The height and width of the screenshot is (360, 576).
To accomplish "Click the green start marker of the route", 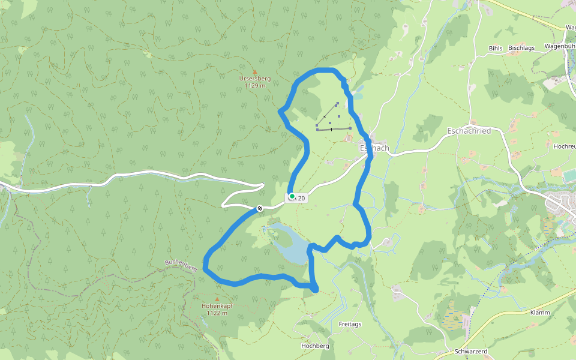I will (292, 196).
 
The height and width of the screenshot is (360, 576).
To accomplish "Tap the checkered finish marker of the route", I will (260, 208).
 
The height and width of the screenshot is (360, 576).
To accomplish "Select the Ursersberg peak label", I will (255, 79).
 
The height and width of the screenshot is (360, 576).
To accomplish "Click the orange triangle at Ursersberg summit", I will (255, 71).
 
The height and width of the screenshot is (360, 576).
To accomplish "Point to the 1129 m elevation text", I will (255, 86).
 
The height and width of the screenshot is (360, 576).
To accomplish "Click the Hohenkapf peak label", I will (217, 306).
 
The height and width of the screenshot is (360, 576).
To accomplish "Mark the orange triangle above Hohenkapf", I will (217, 299).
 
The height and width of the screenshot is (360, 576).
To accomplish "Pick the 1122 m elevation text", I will (217, 313).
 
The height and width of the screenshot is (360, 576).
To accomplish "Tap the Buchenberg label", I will (181, 265).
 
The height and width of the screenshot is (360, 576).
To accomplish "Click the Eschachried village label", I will (469, 131).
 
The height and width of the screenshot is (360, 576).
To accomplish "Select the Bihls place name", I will (495, 48).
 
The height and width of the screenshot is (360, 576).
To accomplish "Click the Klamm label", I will (540, 313).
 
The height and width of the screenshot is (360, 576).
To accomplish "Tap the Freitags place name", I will (350, 324).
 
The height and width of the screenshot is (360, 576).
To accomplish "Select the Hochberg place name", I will (315, 346).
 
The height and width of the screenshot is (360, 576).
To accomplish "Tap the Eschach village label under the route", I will (374, 148).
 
